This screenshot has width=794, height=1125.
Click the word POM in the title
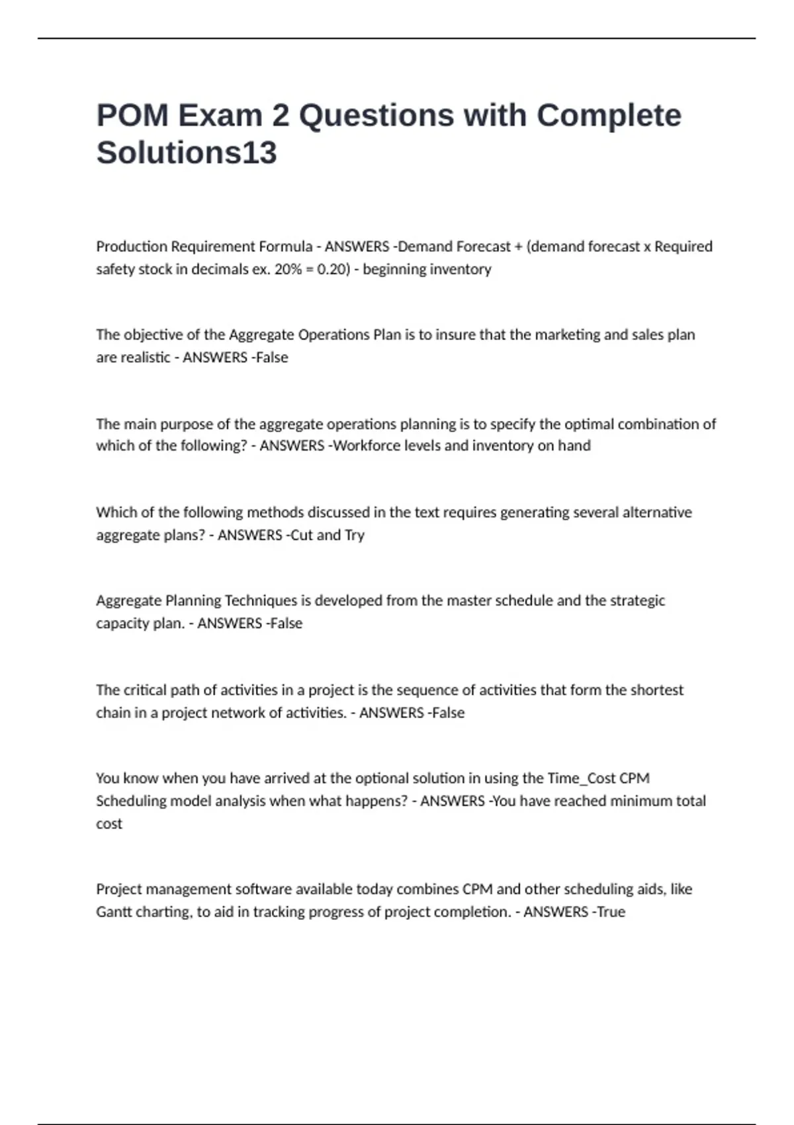[x=132, y=115]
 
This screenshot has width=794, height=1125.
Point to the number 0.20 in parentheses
[x=332, y=269]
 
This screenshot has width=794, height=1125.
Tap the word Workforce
[x=365, y=445]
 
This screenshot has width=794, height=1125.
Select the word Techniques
[x=261, y=601]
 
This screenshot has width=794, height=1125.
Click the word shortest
[x=656, y=690]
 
